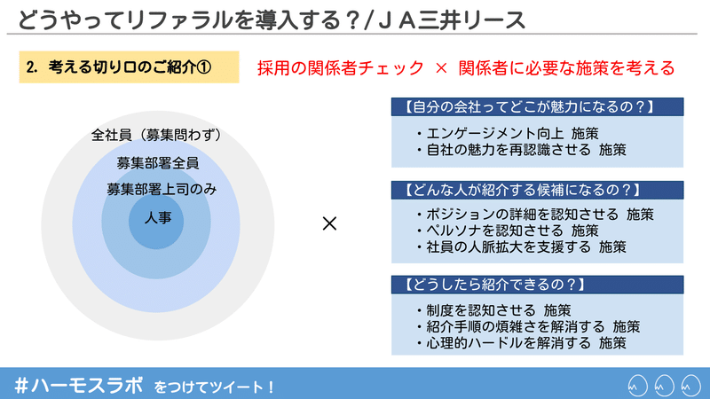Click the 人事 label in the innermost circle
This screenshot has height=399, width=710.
point(158,218)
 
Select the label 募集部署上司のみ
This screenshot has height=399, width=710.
point(162,189)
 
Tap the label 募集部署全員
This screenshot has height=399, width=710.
point(158,163)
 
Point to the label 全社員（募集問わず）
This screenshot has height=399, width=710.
point(158,135)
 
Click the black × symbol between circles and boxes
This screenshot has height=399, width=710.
point(329,223)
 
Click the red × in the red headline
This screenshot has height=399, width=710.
point(441,68)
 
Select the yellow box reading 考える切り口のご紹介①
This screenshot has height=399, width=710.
point(129,67)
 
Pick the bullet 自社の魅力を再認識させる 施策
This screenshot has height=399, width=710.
point(522,150)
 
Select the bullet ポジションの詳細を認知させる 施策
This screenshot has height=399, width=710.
point(535,214)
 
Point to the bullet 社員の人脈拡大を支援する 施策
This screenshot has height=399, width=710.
point(522,247)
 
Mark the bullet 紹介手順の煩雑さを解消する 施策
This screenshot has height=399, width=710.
point(528,326)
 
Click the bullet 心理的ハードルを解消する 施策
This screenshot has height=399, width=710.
point(522,343)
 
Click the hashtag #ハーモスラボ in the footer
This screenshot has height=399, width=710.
point(79,386)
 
